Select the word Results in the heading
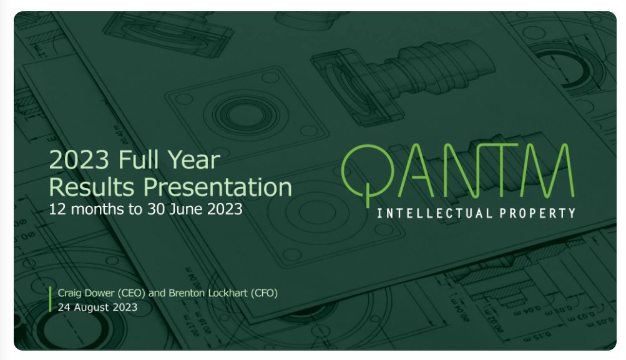click(91, 187)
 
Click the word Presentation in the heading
click(218, 187)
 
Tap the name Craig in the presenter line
click(70, 293)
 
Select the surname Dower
click(100, 293)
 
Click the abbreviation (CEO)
click(131, 293)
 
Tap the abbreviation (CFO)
click(264, 293)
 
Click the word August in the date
click(91, 308)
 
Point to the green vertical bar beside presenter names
click(51, 299)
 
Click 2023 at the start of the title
click(79, 160)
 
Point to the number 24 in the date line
click(64, 308)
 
